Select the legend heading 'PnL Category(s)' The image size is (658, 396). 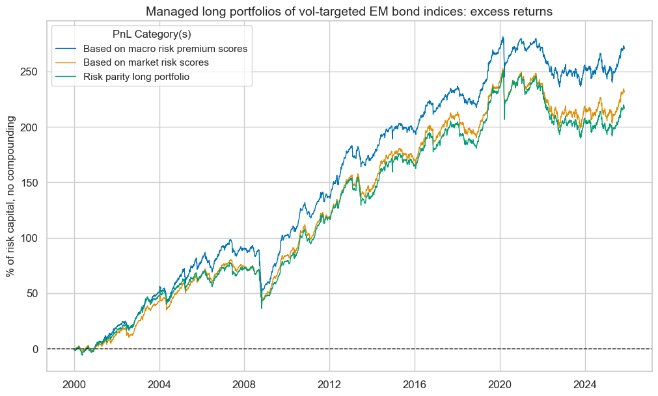pyautogui.click(x=151, y=34)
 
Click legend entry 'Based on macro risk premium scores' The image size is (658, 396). pyautogui.click(x=165, y=49)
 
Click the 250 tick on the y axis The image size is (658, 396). pyautogui.click(x=31, y=72)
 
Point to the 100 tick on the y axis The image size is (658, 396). pyautogui.click(x=31, y=238)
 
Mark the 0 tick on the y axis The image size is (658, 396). pyautogui.click(x=36, y=349)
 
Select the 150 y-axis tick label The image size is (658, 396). pyautogui.click(x=31, y=183)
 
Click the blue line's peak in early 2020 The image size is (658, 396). pyautogui.click(x=503, y=37)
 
